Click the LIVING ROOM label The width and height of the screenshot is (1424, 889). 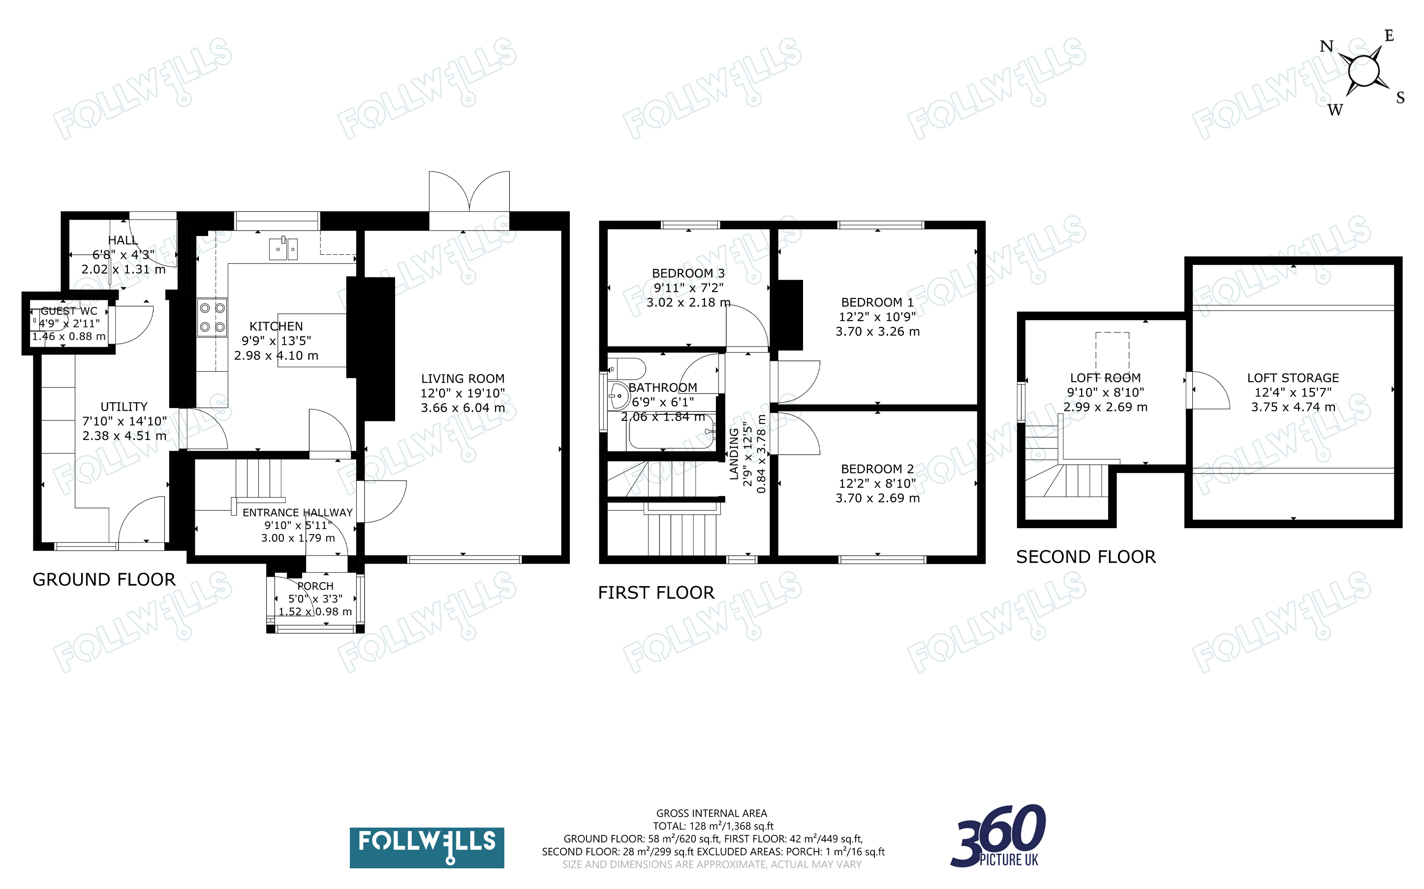click(463, 379)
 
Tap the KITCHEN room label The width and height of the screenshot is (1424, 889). click(276, 326)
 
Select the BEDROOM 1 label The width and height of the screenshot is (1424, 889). click(877, 302)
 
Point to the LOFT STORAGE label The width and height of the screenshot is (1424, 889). click(1293, 378)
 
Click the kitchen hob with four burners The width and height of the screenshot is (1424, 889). click(212, 318)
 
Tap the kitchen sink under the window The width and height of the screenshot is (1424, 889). click(283, 249)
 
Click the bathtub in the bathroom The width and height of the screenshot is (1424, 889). click(671, 433)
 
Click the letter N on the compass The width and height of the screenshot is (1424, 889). click(1327, 46)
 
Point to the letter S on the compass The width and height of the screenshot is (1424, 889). click(1400, 97)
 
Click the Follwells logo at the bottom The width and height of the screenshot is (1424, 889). click(427, 847)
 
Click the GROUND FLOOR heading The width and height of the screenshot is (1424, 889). click(104, 580)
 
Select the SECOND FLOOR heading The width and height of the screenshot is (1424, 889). click(1086, 557)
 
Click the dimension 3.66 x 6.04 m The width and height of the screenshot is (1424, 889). click(463, 408)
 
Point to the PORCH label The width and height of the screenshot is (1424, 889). click(315, 586)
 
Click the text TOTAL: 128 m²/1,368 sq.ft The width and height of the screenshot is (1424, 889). click(713, 826)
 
